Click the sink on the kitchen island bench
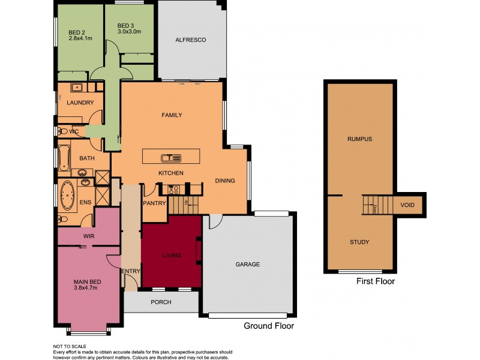click(x=171, y=158)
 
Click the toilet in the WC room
click(x=62, y=131)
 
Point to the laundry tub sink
click(x=76, y=88)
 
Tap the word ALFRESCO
click(x=191, y=40)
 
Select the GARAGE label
click(x=248, y=264)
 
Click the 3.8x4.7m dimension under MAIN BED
click(x=85, y=288)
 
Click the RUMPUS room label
click(x=359, y=139)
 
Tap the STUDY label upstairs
click(x=359, y=242)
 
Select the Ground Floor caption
click(x=268, y=326)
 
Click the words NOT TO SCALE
click(x=70, y=346)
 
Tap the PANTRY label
click(x=154, y=203)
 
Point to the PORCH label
click(x=160, y=302)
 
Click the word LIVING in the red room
click(x=172, y=256)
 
